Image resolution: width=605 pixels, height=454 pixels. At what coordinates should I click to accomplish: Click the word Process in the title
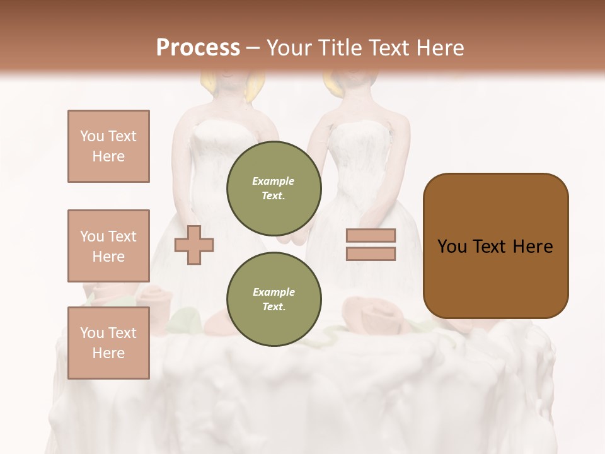point(198,48)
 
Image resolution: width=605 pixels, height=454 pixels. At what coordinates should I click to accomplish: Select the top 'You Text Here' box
point(108,146)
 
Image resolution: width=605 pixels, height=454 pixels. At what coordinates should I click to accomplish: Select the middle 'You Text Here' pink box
point(108,246)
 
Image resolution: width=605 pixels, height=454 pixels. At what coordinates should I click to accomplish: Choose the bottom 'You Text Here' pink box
point(108,343)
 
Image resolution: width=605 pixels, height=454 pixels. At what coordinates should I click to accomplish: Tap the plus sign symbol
point(194,244)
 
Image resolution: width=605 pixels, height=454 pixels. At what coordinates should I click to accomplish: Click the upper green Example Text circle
point(274,189)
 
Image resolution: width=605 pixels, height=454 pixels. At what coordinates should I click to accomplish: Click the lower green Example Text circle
point(274,300)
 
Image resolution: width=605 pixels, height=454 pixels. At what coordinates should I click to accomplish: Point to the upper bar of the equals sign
point(371,235)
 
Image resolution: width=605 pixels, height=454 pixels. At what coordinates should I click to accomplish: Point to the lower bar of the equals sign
point(371,253)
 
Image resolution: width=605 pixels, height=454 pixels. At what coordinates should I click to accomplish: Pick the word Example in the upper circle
point(274,181)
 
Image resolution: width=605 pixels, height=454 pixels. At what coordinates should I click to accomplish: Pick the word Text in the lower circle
point(274,307)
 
